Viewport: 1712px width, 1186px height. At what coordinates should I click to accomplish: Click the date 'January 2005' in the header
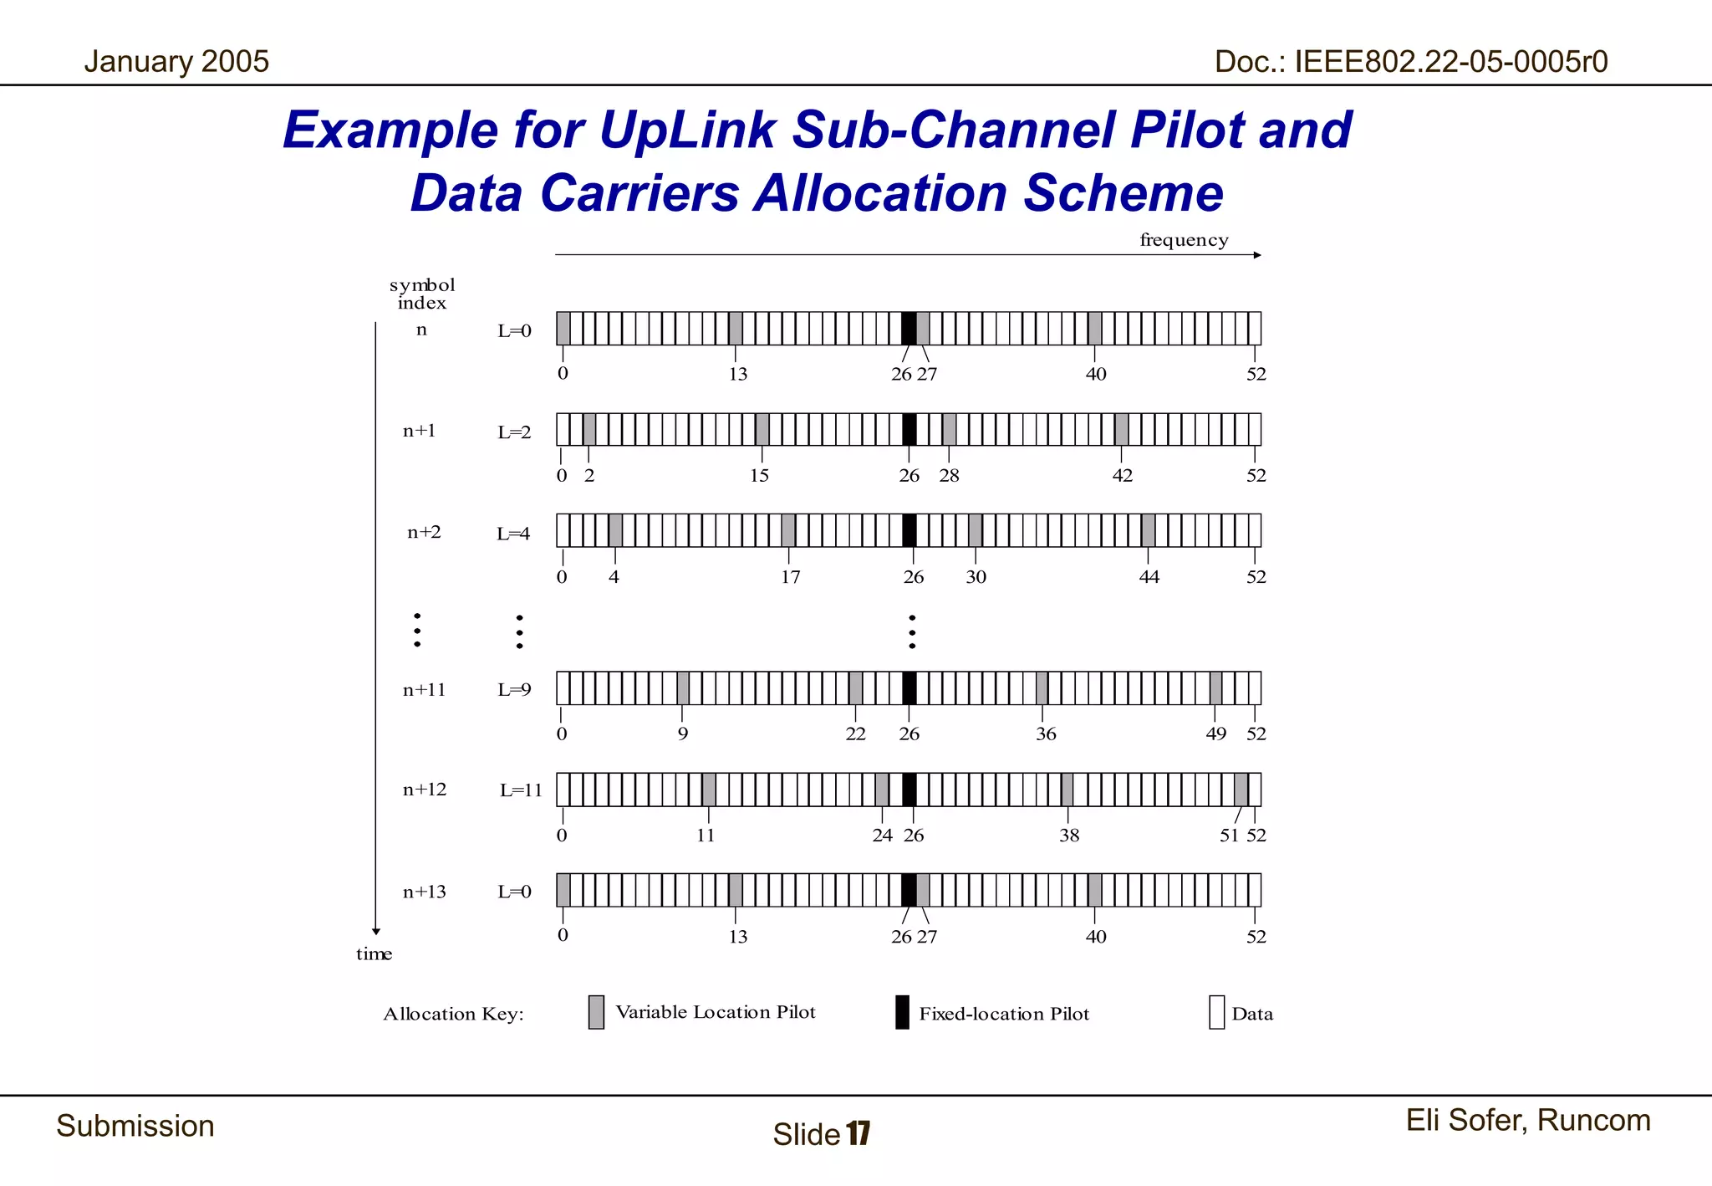click(x=176, y=61)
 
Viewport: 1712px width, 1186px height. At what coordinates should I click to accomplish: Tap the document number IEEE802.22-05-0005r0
click(x=1410, y=61)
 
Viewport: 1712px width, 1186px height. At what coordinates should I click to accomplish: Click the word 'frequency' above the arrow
click(x=1184, y=240)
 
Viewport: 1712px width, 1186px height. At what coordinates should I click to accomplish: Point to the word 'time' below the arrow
click(x=374, y=953)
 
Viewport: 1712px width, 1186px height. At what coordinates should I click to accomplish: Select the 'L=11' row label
click(x=521, y=790)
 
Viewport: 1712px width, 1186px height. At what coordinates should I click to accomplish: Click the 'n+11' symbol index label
click(x=424, y=690)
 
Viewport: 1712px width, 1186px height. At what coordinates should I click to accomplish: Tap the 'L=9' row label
click(x=514, y=690)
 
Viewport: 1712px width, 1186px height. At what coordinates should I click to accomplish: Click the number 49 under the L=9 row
click(x=1215, y=734)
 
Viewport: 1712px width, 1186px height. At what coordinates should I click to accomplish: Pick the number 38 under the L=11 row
click(x=1069, y=835)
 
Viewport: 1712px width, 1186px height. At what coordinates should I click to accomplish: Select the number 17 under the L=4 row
click(x=790, y=576)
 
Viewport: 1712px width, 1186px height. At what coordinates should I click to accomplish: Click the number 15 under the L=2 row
click(x=759, y=475)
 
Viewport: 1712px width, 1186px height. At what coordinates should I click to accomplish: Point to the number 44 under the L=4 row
click(x=1149, y=576)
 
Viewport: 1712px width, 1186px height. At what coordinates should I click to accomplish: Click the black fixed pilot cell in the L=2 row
click(x=909, y=429)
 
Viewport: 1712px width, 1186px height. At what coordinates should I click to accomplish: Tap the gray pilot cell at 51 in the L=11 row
click(x=1241, y=790)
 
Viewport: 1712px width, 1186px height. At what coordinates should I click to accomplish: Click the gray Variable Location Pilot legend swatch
click(x=596, y=1012)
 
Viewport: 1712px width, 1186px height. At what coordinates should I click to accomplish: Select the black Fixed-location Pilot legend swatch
click(x=902, y=1012)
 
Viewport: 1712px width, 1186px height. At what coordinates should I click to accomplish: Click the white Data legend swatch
click(x=1216, y=1012)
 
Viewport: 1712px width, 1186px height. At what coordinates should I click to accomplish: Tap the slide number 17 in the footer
click(x=859, y=1133)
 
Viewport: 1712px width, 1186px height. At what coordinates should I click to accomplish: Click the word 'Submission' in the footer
click(x=135, y=1126)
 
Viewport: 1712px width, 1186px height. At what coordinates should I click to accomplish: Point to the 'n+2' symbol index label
click(x=424, y=532)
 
